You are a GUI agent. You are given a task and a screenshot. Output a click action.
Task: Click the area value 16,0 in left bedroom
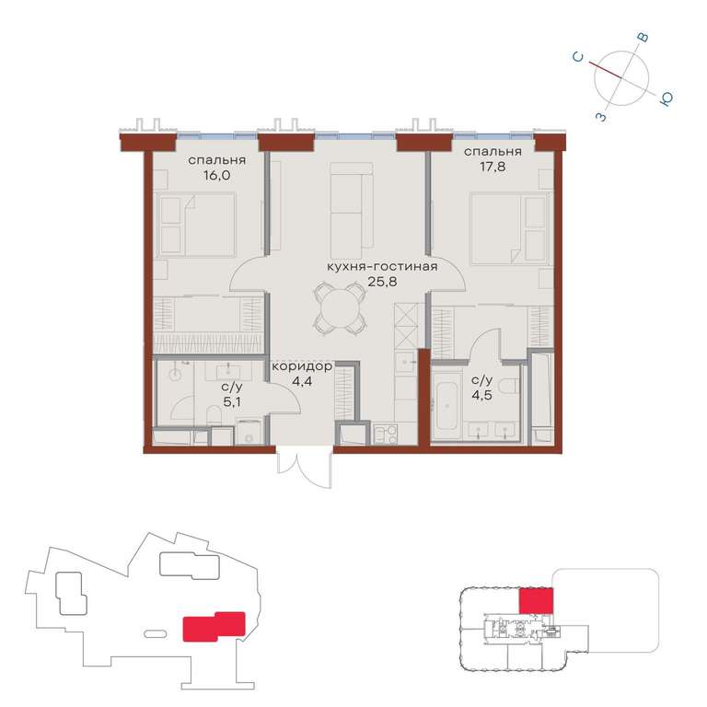point(216,176)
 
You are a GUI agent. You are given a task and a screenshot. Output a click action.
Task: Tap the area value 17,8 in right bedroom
point(493,168)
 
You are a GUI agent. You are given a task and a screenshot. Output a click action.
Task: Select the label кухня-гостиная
point(382,266)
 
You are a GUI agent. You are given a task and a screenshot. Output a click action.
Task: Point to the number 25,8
point(382,283)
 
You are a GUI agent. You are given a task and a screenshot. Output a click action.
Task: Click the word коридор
point(302,366)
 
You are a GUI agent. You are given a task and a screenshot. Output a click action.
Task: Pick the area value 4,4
point(302,382)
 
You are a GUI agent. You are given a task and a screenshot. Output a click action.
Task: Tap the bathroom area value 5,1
point(231,401)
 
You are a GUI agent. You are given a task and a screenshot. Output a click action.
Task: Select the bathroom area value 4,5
point(481,396)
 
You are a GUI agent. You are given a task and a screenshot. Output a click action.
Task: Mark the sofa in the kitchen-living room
point(352,211)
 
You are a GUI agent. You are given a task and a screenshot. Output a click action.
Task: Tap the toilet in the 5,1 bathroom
point(214,414)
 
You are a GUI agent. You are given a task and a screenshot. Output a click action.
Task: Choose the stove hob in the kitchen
point(386,434)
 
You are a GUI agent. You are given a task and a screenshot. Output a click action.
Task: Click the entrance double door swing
point(305,469)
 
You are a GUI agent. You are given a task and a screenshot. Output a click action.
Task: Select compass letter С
point(578,57)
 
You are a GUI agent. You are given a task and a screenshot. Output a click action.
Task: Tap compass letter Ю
point(666,99)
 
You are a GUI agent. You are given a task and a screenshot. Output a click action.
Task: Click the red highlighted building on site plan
point(214,626)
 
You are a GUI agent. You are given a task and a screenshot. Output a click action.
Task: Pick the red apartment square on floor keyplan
point(536,600)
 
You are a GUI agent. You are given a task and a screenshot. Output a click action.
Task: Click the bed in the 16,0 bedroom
point(195,225)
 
